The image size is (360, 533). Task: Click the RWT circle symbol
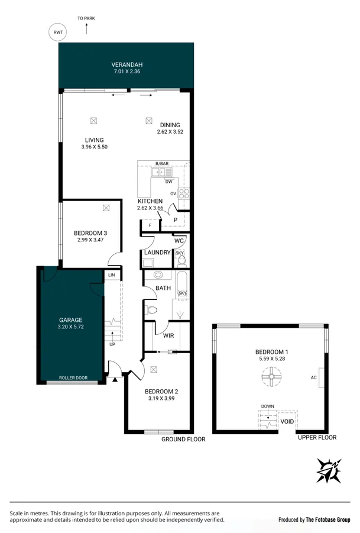(x=58, y=33)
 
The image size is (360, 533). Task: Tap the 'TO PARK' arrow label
(x=85, y=18)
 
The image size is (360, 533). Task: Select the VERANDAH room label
(x=128, y=65)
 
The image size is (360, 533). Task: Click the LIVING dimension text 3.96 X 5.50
(x=94, y=147)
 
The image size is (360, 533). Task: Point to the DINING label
(x=170, y=125)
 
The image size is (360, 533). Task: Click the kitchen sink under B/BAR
(x=160, y=172)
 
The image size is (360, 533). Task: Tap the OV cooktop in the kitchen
(x=183, y=194)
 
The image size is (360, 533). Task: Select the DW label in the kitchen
(x=168, y=182)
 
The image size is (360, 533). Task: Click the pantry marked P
(x=176, y=220)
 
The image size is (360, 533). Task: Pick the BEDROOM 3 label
(x=90, y=233)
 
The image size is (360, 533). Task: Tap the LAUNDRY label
(x=157, y=253)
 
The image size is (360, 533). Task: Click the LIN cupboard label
(x=111, y=275)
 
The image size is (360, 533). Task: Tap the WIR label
(x=168, y=335)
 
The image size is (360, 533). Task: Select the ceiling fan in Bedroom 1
(x=270, y=376)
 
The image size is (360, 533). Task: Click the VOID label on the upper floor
(x=287, y=422)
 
